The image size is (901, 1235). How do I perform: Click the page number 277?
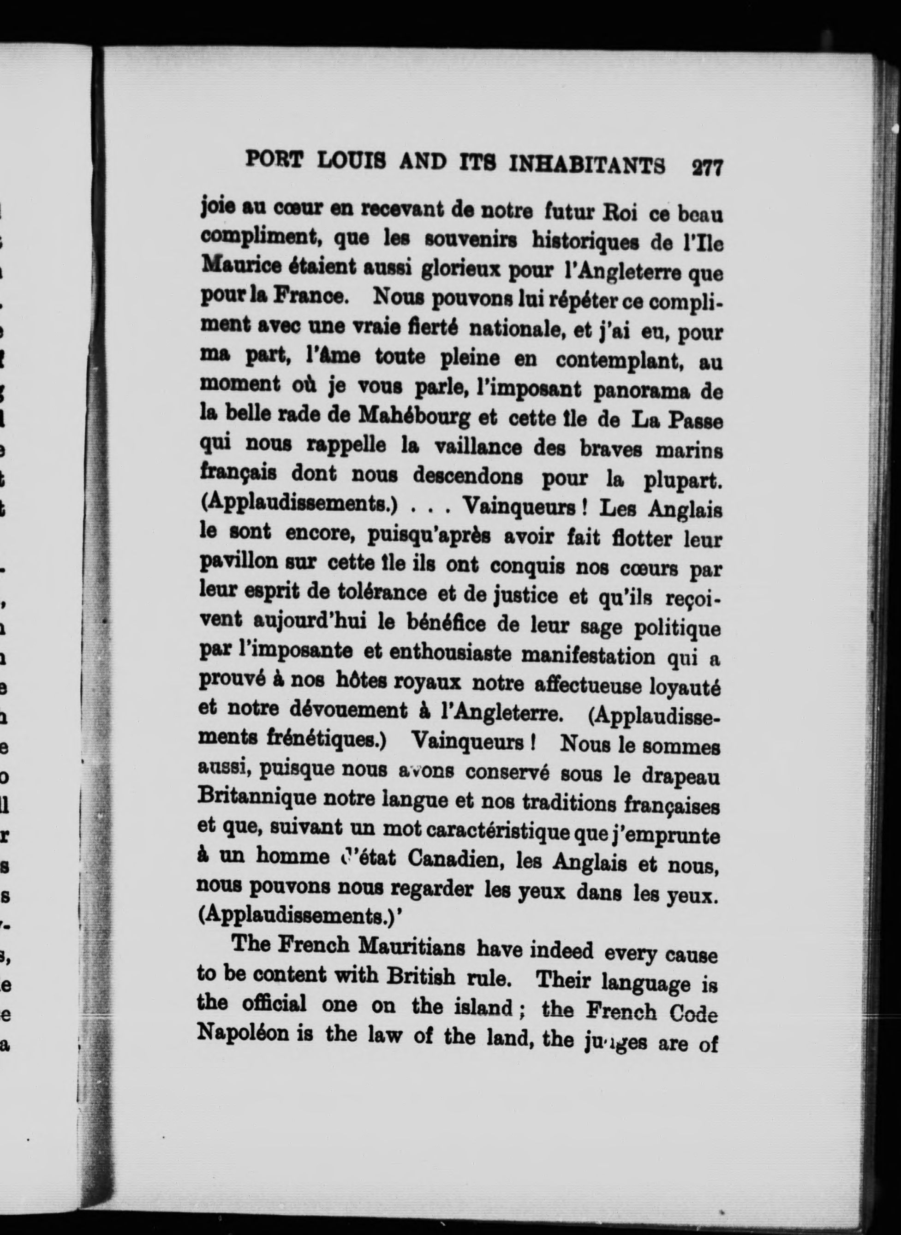coord(706,166)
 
